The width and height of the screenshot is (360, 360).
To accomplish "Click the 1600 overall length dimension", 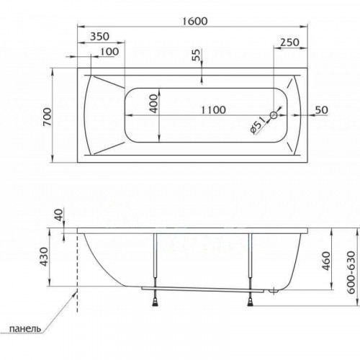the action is tap(194, 21).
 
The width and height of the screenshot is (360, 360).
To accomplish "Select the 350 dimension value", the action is tap(99, 37).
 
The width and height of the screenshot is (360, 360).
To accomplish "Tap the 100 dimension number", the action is tap(109, 52).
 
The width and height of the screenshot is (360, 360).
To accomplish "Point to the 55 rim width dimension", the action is tap(197, 55).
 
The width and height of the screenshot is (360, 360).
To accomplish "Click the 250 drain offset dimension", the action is tap(290, 42).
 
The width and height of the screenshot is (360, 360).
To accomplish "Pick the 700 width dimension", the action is tap(47, 117).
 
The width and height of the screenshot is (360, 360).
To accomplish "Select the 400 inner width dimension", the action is tap(153, 104).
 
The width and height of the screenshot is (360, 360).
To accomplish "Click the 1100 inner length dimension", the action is tap(213, 110).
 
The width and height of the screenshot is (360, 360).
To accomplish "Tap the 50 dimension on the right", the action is tap(321, 110).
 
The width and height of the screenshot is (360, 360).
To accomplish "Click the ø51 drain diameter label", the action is tap(258, 125).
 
